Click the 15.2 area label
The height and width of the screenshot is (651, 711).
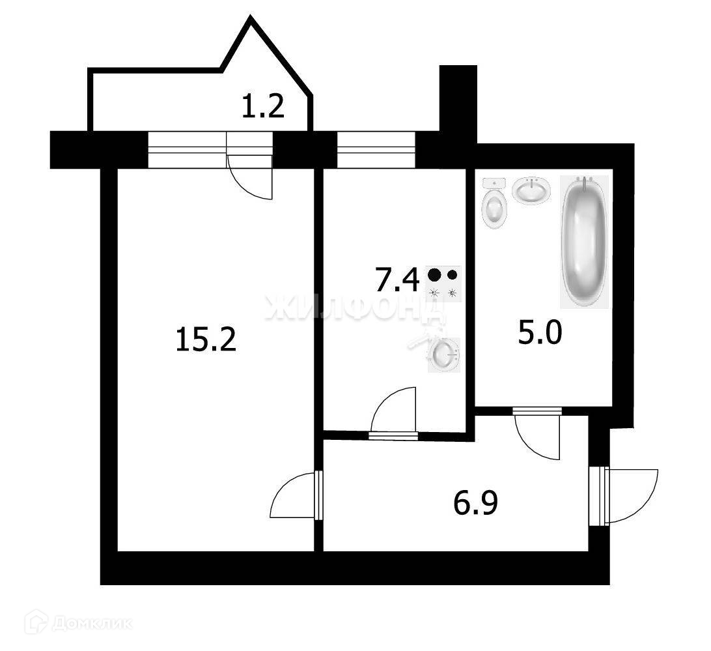coord(205,340)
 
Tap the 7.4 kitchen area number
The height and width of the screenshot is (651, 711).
coord(397,281)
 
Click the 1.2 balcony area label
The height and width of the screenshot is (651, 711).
coord(263,106)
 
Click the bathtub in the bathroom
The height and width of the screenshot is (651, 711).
coord(584,241)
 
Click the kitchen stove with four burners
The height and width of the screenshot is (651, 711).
coord(443,284)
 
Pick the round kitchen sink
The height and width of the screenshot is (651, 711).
coord(445,354)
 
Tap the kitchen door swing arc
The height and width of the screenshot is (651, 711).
coord(393,411)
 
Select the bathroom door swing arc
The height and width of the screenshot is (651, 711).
coord(538,437)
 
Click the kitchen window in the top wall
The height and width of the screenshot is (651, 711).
coord(376,149)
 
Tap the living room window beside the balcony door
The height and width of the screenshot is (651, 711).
coord(186,149)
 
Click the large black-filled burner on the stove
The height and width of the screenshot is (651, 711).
coord(435,275)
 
